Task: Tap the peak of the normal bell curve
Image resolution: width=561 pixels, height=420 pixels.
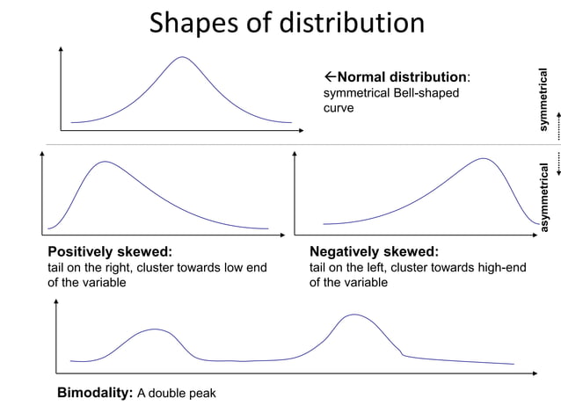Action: tap(183, 58)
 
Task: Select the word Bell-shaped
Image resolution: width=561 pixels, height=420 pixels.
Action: tap(428, 92)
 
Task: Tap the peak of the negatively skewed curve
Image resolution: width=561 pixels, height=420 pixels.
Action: tap(484, 159)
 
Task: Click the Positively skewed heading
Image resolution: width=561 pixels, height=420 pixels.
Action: tap(109, 251)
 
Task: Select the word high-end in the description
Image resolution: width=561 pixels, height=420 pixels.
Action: tap(501, 267)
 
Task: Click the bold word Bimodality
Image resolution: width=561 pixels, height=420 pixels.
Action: tap(94, 392)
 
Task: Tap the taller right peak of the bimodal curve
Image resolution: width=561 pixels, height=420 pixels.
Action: tap(353, 315)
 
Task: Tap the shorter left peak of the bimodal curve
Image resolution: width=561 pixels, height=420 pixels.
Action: tap(156, 329)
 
